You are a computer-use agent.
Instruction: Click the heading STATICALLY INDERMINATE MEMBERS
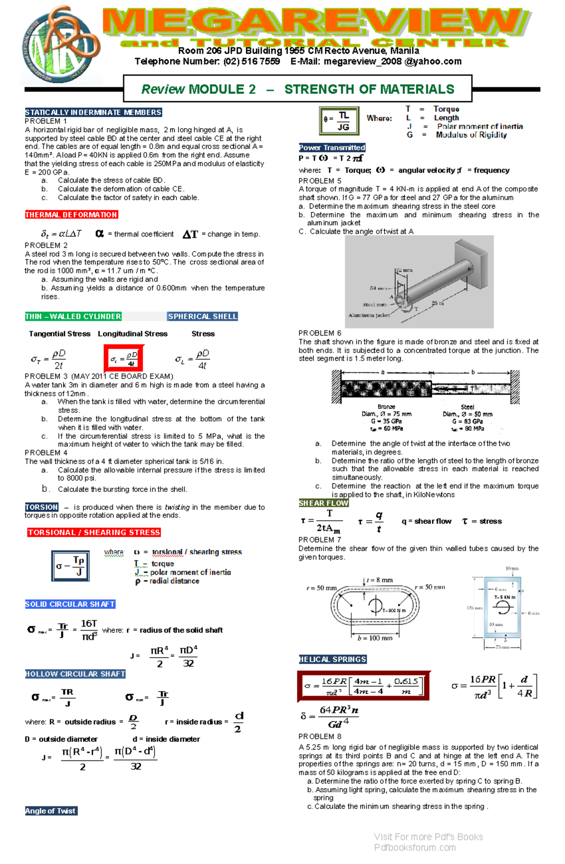pyautogui.click(x=93, y=113)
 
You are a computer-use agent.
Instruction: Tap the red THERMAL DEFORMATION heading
pyautogui.click(x=71, y=215)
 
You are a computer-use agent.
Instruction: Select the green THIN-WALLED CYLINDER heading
pyautogui.click(x=73, y=316)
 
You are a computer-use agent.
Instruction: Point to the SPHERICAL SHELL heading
pyautogui.click(x=202, y=316)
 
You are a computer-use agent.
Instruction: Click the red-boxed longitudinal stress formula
pyautogui.click(x=124, y=359)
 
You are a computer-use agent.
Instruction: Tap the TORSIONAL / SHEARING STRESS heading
pyautogui.click(x=94, y=533)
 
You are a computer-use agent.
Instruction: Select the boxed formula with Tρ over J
pyautogui.click(x=70, y=565)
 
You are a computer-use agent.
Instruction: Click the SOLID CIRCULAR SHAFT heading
pyautogui.click(x=70, y=604)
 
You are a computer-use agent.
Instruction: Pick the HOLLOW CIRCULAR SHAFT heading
pyautogui.click(x=75, y=674)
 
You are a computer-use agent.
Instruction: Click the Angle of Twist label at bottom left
pyautogui.click(x=51, y=811)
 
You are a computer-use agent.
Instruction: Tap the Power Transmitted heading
pyautogui.click(x=332, y=147)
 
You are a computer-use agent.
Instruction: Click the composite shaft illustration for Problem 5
pyautogui.click(x=419, y=282)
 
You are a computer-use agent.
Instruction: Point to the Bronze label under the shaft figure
pyautogui.click(x=386, y=407)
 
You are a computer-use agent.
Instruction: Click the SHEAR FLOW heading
pyautogui.click(x=323, y=503)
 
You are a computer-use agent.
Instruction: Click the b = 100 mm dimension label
pyautogui.click(x=375, y=638)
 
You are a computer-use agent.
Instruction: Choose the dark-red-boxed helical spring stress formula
pyautogui.click(x=364, y=686)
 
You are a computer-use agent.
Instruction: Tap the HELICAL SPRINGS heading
pyautogui.click(x=332, y=659)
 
